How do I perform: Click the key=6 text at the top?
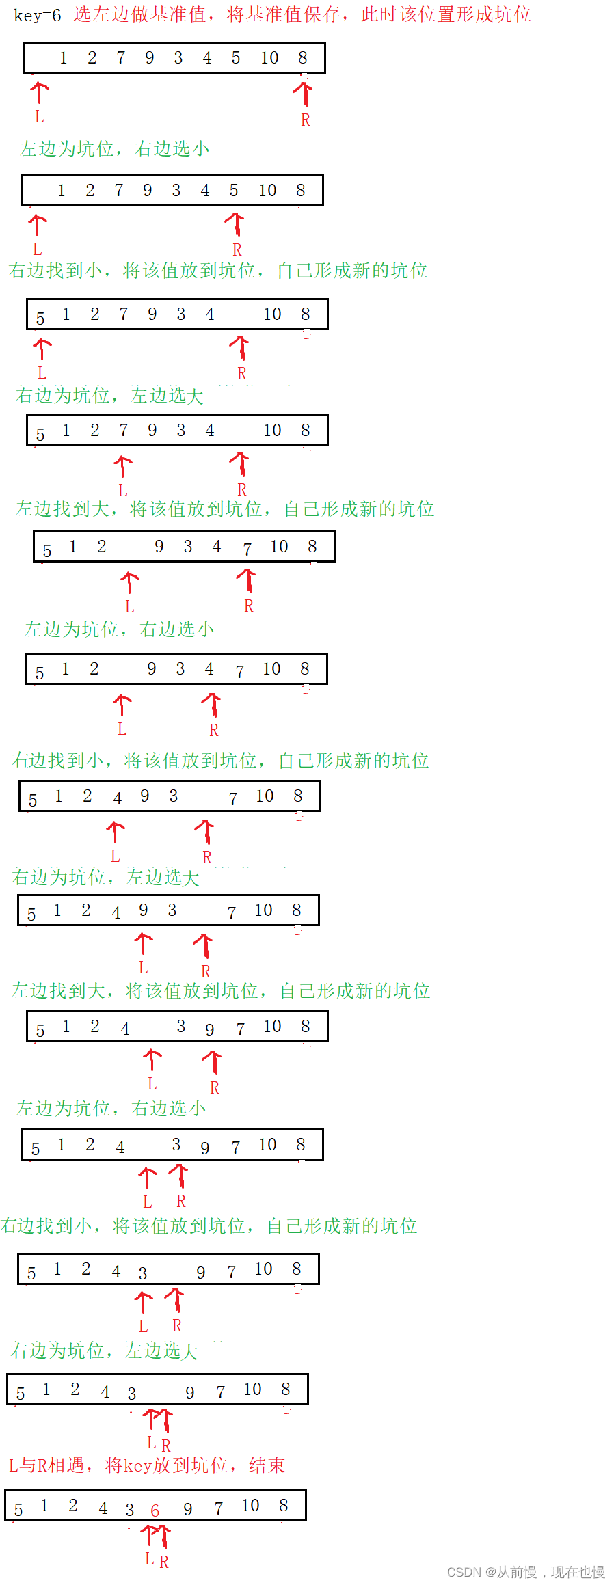point(37,15)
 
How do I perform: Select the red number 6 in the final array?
point(155,1511)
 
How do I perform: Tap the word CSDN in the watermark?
point(464,1572)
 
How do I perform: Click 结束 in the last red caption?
point(267,1465)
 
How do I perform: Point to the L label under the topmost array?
point(40,118)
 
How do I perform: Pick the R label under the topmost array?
point(306,120)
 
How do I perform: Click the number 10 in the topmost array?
point(269,58)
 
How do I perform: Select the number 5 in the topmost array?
point(236,58)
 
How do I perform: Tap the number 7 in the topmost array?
point(121,58)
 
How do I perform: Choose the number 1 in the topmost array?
point(64,58)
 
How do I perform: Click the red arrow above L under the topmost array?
point(40,92)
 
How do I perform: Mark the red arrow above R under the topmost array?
point(304,94)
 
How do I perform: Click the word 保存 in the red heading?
point(321,15)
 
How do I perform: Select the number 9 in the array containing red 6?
point(188,1509)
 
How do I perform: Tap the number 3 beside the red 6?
point(130,1510)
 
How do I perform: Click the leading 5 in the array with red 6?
point(18,1510)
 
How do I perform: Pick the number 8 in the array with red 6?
point(284,1506)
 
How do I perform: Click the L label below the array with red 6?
point(149,1559)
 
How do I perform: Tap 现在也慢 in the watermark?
point(578,1572)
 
